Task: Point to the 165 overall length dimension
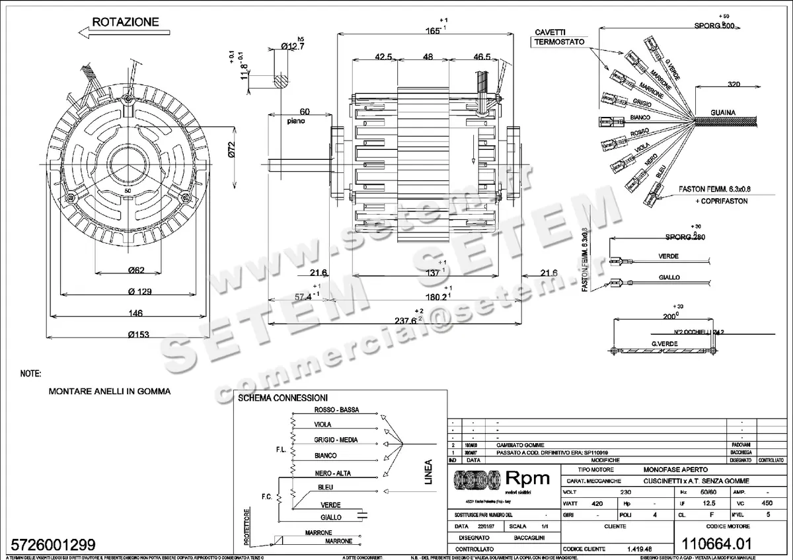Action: tap(432, 30)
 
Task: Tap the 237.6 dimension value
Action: tap(406, 320)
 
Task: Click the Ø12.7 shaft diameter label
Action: tap(291, 46)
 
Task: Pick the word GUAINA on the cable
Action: tap(723, 112)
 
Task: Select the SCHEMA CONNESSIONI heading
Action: tap(282, 398)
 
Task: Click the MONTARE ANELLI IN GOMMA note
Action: tap(110, 391)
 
